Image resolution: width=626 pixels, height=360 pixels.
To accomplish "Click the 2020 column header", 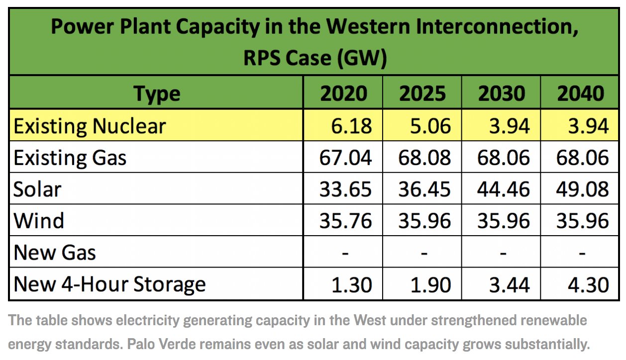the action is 343,93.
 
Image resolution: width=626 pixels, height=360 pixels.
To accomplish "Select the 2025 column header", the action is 422,93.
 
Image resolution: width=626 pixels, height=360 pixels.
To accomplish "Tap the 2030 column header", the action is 502,93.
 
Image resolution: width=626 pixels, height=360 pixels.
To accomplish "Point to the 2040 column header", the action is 581,93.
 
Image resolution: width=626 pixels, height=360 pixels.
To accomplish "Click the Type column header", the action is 157,94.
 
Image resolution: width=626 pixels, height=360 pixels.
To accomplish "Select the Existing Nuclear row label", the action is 90,126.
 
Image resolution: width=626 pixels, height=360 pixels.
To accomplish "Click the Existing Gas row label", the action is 70,158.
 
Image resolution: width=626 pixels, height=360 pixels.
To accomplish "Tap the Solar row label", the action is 37,189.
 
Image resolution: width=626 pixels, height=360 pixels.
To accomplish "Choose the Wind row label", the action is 39,221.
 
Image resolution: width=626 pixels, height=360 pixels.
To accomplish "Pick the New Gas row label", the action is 55,253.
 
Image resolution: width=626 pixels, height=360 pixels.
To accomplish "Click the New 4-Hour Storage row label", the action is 109,284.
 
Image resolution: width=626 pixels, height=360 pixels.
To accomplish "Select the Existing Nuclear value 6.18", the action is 352,126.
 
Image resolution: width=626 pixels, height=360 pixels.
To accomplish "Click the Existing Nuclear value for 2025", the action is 430,126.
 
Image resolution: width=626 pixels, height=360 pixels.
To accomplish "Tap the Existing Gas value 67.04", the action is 346,158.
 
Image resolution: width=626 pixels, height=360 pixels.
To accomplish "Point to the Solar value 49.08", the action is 582,189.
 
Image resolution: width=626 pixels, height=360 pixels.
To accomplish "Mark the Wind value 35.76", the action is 346,221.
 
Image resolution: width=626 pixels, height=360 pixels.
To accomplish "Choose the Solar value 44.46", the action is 503,189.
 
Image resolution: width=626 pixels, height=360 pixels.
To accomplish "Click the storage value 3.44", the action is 510,284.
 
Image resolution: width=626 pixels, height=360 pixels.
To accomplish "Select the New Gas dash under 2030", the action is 503,253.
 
